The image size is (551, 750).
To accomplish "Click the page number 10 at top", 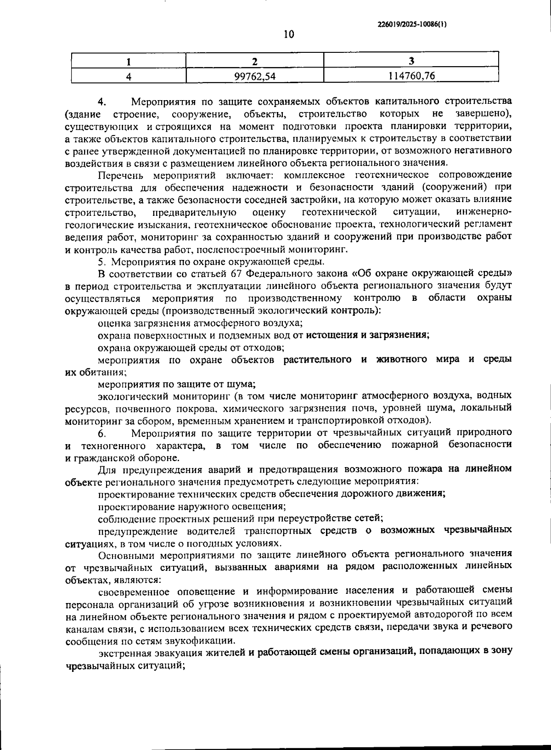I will click(289, 34).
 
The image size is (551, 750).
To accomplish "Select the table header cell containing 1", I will click(129, 61).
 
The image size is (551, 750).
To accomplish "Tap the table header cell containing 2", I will click(255, 61).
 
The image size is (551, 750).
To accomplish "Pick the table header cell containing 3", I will click(411, 61).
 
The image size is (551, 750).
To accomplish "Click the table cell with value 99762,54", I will click(255, 76).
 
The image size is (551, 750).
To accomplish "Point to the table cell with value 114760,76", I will click(411, 76).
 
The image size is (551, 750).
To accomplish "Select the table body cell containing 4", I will click(129, 76).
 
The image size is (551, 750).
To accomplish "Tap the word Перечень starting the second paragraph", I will click(121, 175).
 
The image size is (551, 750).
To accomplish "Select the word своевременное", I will click(135, 590).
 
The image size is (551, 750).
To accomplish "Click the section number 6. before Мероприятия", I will click(102, 433).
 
